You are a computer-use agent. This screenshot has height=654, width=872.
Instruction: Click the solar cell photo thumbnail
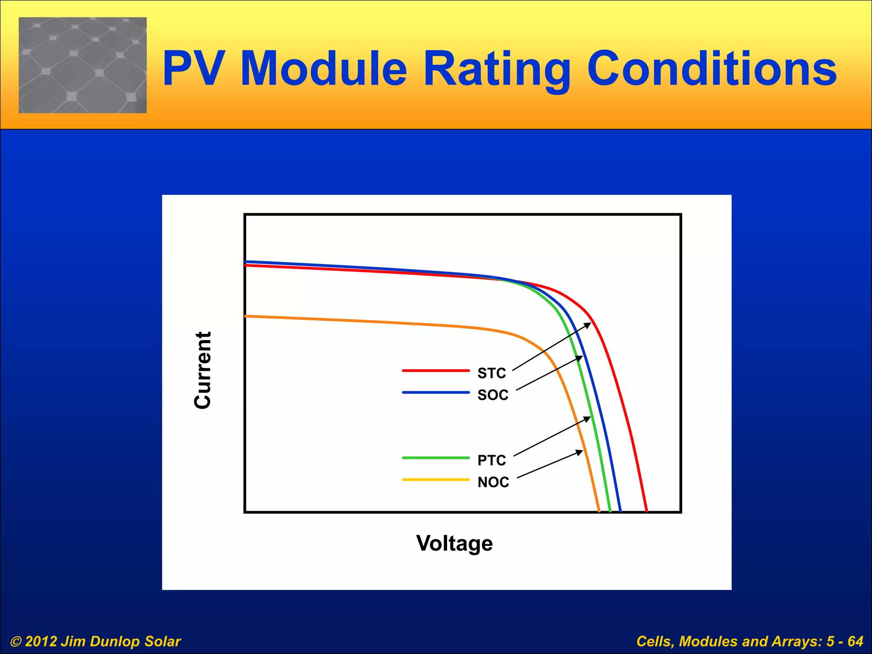coord(83,65)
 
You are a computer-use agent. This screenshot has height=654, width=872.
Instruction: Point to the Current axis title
coord(202,370)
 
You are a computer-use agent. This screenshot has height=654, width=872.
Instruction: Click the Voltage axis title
coord(454,543)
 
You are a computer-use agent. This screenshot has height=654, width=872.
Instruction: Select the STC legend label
coord(492,373)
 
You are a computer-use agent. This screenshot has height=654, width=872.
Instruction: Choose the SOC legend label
coord(493,395)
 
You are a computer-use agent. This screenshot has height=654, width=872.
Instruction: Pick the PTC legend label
coord(492,460)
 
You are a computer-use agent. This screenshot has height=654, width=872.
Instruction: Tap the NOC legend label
coord(493,482)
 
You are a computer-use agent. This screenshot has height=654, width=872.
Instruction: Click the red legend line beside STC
coord(436,371)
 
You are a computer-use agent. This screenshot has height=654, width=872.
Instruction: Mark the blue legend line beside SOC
coord(436,392)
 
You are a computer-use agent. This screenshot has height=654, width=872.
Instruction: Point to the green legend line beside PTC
coord(436,458)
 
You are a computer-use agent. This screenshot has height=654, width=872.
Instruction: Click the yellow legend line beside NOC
coord(436,480)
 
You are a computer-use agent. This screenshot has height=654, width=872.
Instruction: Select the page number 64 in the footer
coord(855,641)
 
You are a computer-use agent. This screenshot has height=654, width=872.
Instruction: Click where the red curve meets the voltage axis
coord(646,511)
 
